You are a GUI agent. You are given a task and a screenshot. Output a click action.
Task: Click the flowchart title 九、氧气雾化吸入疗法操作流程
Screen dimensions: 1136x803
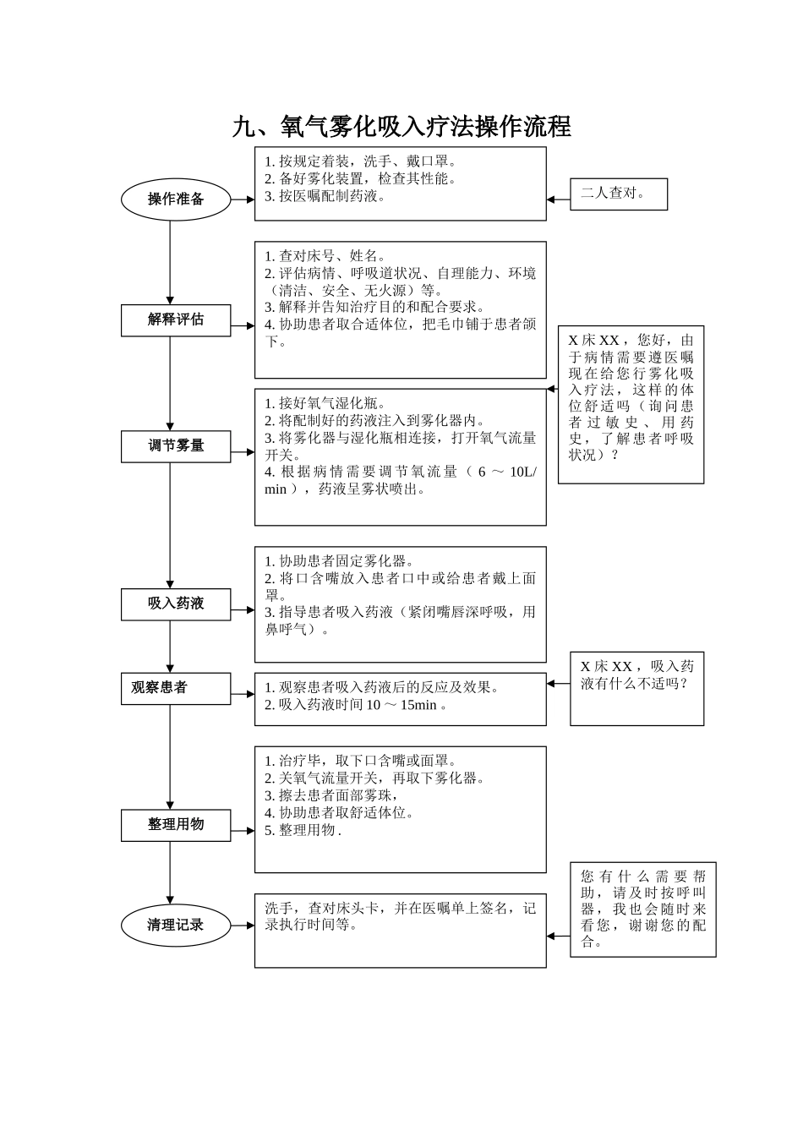coord(401,127)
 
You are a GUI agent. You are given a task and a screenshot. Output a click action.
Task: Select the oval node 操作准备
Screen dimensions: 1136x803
coord(176,199)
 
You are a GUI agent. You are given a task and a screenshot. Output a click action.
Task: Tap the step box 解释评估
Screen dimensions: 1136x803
coord(176,319)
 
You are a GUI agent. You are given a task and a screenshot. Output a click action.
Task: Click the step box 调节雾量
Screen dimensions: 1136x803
coord(176,445)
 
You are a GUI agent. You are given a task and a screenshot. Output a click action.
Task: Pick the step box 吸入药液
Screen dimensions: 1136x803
coord(176,603)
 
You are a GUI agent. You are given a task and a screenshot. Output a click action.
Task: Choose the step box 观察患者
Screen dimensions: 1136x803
coord(176,688)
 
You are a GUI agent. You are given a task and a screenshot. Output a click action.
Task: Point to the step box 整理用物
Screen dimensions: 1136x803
coord(176,824)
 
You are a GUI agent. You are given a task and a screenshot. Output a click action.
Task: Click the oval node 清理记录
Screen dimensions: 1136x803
coord(176,925)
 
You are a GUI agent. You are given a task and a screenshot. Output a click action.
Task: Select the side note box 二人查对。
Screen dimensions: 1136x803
coord(619,194)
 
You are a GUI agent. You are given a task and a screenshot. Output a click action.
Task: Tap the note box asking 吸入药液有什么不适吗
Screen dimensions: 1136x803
coord(636,688)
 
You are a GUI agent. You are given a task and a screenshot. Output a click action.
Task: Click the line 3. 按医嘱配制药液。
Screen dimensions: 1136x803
coord(325,196)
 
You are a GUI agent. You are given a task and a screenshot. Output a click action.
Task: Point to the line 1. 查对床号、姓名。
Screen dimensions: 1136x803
coord(325,256)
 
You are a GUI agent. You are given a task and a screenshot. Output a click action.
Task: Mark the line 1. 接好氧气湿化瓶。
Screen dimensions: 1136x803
coord(325,404)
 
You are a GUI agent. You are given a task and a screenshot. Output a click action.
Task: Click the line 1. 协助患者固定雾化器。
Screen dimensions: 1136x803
coord(339,561)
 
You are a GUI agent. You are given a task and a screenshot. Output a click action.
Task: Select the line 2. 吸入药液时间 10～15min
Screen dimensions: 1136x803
coord(355,705)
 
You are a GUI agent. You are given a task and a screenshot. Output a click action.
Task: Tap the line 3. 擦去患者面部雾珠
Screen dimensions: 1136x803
coord(331,795)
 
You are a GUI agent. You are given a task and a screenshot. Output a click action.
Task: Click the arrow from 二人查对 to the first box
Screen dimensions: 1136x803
coord(558,199)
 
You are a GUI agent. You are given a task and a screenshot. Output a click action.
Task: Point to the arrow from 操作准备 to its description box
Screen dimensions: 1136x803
coord(243,199)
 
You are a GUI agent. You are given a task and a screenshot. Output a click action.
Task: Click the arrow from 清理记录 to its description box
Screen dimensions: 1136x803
coord(243,926)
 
